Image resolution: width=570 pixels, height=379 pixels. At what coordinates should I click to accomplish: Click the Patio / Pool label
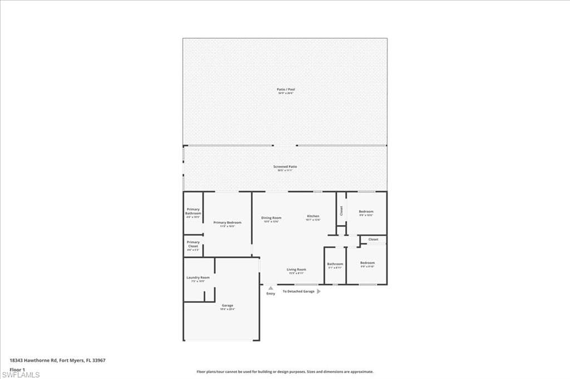tap(286, 89)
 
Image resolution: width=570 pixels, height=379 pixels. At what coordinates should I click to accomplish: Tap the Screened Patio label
tap(285, 167)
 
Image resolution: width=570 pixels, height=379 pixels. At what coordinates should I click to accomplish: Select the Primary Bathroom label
tap(193, 211)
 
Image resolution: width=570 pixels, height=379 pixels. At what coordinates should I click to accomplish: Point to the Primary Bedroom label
tap(227, 222)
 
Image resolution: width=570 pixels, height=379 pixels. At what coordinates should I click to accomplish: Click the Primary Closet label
tap(193, 244)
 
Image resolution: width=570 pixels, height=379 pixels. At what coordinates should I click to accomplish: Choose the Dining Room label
tap(271, 218)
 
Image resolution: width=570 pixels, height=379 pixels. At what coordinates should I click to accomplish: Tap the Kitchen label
tap(313, 216)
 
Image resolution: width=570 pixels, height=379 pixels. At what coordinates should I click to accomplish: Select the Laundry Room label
tap(198, 277)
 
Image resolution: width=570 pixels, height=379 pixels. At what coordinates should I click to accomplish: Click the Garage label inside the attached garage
tap(227, 305)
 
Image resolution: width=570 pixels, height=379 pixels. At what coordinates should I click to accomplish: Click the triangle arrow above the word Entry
tap(271, 288)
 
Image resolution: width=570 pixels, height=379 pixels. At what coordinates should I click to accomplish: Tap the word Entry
tap(271, 293)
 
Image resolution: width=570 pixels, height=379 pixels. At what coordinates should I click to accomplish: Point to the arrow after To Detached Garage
tap(318, 291)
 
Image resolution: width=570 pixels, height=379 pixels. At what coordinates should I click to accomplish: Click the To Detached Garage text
tap(298, 291)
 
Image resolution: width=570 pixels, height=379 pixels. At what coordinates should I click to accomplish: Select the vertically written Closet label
tap(341, 211)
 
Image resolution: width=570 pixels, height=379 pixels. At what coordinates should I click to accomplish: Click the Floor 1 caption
tap(18, 368)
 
